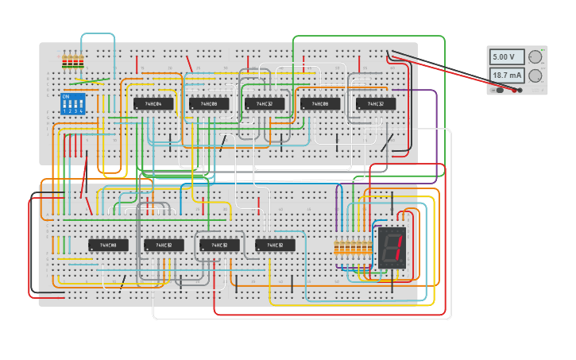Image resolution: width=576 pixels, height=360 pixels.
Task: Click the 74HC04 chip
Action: (153, 104)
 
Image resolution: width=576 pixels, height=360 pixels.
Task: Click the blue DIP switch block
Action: (73, 104)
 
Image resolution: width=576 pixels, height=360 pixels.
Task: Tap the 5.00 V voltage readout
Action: (506, 57)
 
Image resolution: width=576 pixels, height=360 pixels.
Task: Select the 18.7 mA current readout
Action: (506, 75)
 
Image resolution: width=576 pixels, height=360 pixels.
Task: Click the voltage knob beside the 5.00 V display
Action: (535, 57)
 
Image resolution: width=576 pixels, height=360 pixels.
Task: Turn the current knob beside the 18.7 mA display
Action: (535, 76)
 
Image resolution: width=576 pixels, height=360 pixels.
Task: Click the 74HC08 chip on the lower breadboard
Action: (108, 246)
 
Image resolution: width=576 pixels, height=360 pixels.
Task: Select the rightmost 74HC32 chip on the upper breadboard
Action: (375, 104)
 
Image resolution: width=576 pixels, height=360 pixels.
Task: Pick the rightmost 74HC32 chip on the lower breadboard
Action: (275, 246)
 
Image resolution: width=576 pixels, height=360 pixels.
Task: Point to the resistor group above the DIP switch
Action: (73, 60)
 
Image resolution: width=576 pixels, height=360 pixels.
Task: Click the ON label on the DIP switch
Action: (66, 97)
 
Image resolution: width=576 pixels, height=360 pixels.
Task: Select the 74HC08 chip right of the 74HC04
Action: (208, 104)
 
